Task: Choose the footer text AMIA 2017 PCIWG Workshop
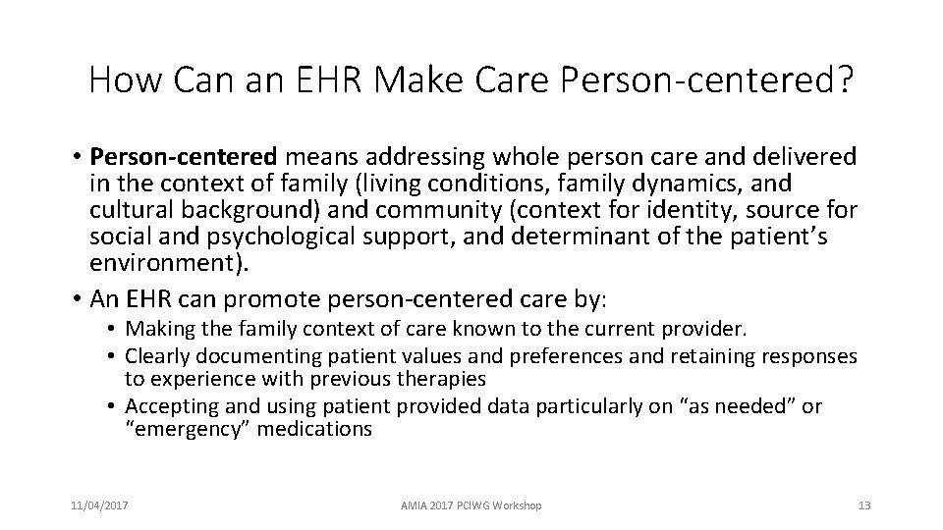pos(471,505)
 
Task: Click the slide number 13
pos(863,505)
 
